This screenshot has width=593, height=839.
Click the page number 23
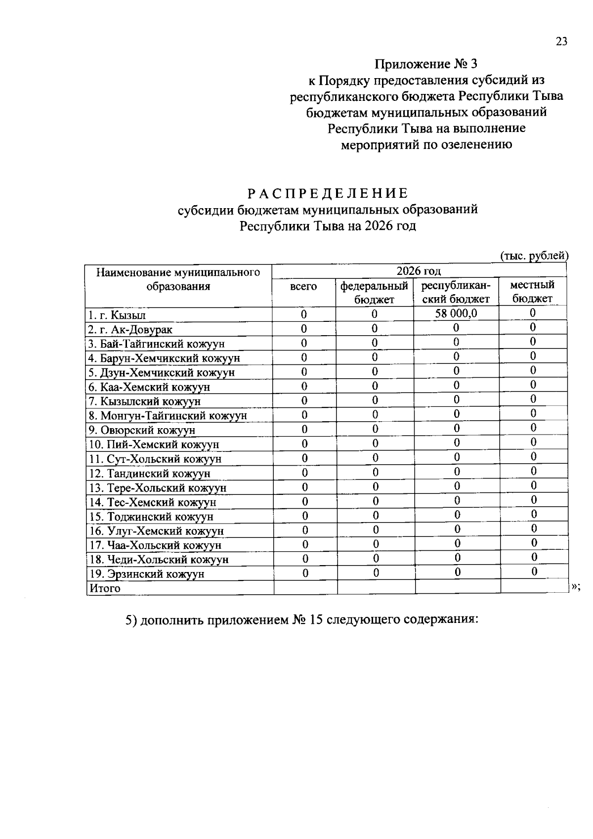pos(561,42)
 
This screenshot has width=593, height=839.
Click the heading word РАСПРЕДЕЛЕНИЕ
pos(328,193)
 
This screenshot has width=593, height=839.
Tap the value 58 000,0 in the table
pos(456,313)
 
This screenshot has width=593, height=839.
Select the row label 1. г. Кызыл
pos(117,315)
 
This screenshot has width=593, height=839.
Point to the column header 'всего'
pos(303,286)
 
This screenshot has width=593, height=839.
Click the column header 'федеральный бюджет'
pos(375,292)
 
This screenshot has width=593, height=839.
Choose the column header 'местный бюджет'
pos(532,292)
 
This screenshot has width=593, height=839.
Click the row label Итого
pos(105,588)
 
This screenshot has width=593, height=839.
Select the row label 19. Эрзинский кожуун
pos(146,574)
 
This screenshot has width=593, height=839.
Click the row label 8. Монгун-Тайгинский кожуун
pos(168,416)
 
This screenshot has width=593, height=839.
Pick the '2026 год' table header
pos(419,271)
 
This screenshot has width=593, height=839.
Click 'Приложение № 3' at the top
pos(426,64)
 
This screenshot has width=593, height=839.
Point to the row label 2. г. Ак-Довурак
pos(130,330)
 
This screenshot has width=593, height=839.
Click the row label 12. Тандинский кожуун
pos(149,474)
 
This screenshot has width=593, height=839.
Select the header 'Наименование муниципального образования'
pos(178,279)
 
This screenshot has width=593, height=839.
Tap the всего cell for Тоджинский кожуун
pos(305,516)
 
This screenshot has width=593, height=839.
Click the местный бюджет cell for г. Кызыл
pos(533,313)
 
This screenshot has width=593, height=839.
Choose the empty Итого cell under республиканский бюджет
pos(458,587)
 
